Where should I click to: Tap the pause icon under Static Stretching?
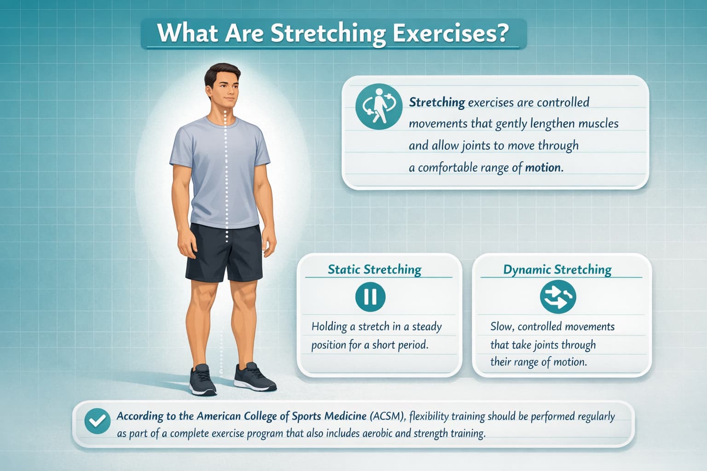[371, 297]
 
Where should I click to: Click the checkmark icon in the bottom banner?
[98, 421]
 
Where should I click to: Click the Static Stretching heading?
[374, 269]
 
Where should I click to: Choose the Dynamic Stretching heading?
[557, 269]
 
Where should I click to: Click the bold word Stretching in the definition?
[437, 102]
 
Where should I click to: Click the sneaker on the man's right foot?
[202, 380]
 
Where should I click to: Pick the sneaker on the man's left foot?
[253, 376]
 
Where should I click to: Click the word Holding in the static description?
[329, 327]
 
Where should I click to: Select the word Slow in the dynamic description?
[501, 327]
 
